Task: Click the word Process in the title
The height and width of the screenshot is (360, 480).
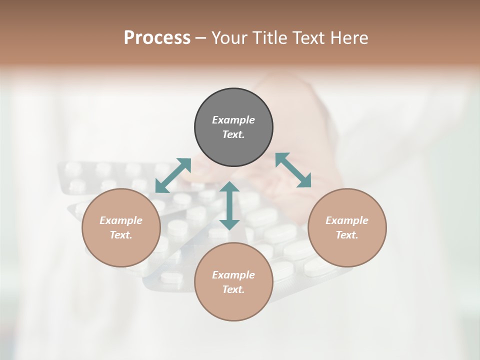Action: click(x=157, y=38)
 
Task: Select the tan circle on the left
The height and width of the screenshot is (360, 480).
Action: click(x=121, y=250)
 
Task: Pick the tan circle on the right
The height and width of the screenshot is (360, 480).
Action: click(x=347, y=250)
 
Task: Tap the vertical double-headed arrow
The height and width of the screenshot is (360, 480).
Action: click(x=229, y=205)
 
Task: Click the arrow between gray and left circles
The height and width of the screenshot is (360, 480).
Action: click(x=173, y=175)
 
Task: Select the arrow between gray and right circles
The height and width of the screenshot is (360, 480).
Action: click(x=293, y=170)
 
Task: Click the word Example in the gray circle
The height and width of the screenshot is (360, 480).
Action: click(x=233, y=120)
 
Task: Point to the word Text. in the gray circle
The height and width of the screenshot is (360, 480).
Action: click(x=233, y=134)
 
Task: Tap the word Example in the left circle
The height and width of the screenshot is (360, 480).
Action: click(x=121, y=220)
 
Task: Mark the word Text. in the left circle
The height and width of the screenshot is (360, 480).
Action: click(x=121, y=235)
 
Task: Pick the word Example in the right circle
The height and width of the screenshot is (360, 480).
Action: click(x=347, y=220)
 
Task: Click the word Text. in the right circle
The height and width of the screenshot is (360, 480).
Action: click(x=347, y=235)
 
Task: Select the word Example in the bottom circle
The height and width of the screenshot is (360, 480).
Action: click(x=233, y=275)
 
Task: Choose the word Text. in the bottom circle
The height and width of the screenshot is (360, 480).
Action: click(x=233, y=289)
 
